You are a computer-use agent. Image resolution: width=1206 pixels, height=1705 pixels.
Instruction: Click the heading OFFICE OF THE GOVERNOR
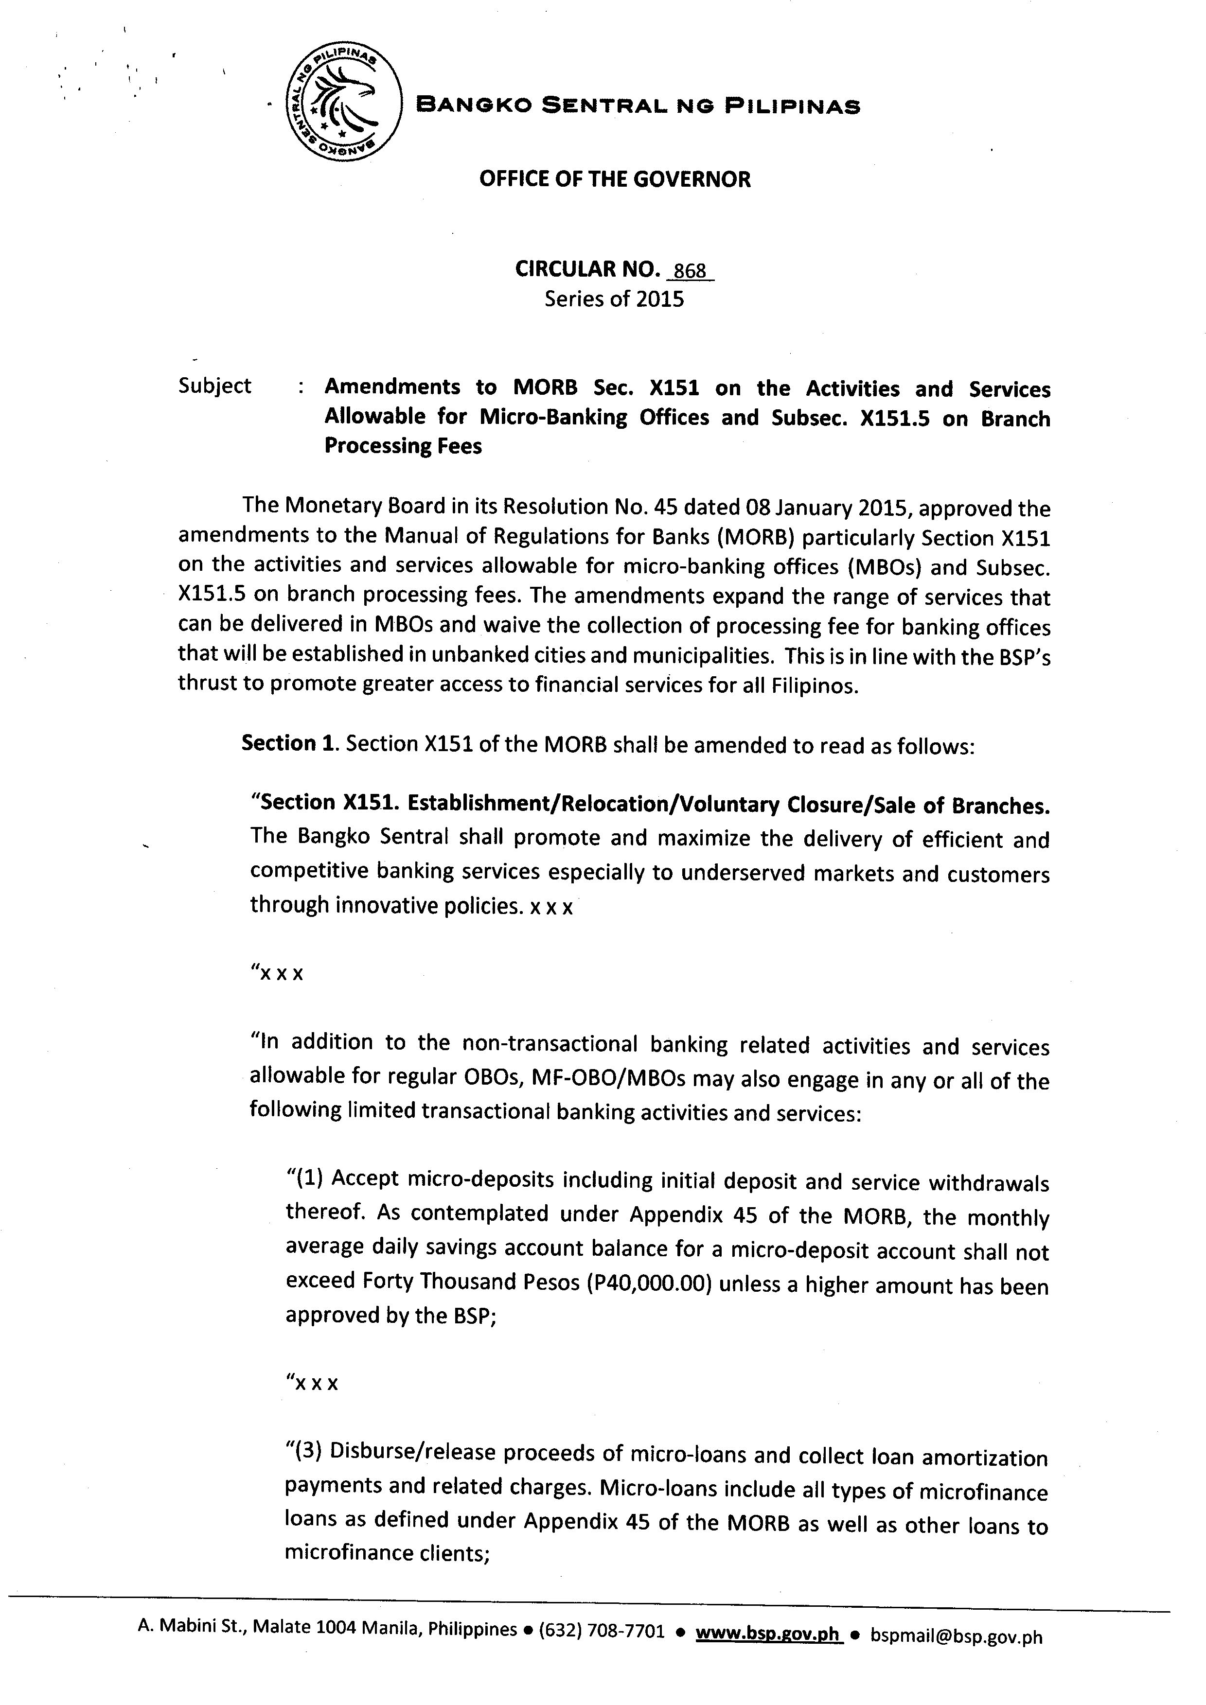[614, 179]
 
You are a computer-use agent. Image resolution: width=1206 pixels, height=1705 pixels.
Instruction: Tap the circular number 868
[690, 271]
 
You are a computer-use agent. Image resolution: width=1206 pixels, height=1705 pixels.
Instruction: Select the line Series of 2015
[614, 299]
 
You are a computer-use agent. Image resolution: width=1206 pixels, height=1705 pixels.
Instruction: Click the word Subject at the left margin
[214, 386]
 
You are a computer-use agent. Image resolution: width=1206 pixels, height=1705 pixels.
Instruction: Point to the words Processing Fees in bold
[403, 446]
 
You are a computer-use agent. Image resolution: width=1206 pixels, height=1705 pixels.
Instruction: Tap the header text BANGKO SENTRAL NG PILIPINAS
[638, 106]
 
